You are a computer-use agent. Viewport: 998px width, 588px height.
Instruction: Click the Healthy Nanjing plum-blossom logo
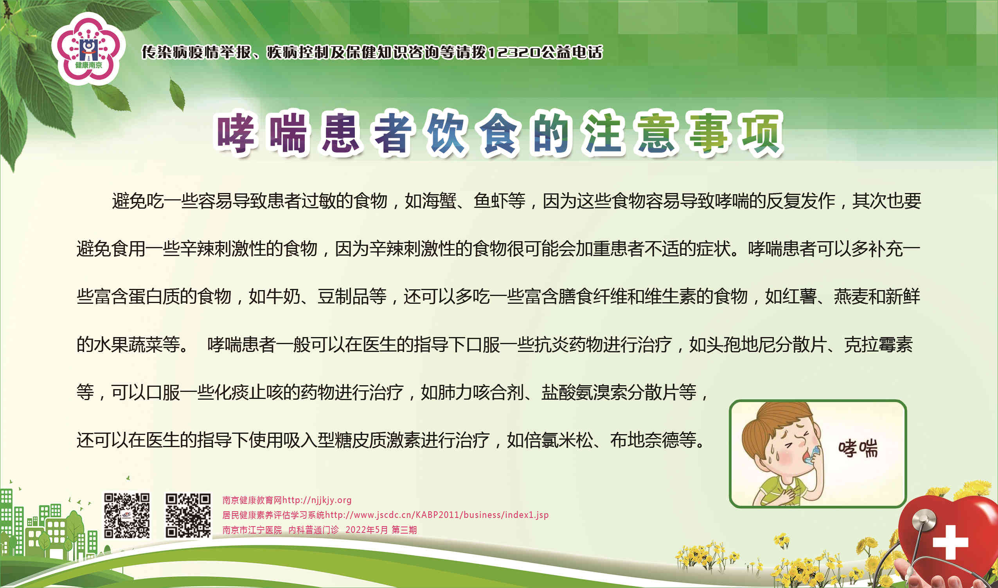88,49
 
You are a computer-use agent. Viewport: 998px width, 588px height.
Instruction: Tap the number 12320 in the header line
513,52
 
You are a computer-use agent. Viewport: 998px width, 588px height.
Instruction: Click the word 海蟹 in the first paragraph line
439,200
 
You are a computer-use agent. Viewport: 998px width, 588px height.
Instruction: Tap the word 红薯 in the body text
799,296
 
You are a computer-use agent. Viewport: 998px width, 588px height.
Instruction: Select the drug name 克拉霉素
878,345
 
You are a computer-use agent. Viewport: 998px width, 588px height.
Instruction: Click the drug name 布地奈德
645,440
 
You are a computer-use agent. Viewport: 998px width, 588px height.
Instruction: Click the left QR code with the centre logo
127,516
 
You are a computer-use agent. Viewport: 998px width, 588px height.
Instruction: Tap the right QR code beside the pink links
188,516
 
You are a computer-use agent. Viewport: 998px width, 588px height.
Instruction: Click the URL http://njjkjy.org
317,500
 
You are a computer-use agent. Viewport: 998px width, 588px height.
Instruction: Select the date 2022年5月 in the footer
366,530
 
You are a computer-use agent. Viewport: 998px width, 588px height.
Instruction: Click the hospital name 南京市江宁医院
252,530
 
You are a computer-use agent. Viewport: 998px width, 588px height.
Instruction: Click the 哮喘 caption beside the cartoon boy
858,448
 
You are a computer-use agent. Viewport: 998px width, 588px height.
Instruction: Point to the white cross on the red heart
951,543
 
